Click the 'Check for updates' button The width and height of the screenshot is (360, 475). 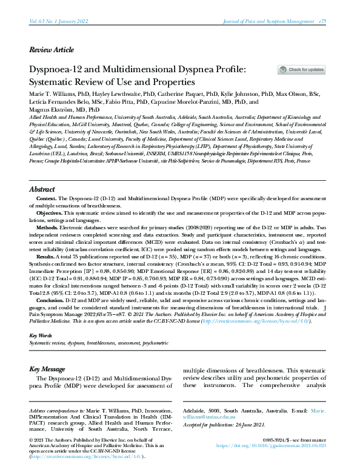[301, 70]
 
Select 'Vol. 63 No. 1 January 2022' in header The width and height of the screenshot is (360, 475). [59, 21]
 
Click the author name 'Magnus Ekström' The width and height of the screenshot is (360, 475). [53, 110]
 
